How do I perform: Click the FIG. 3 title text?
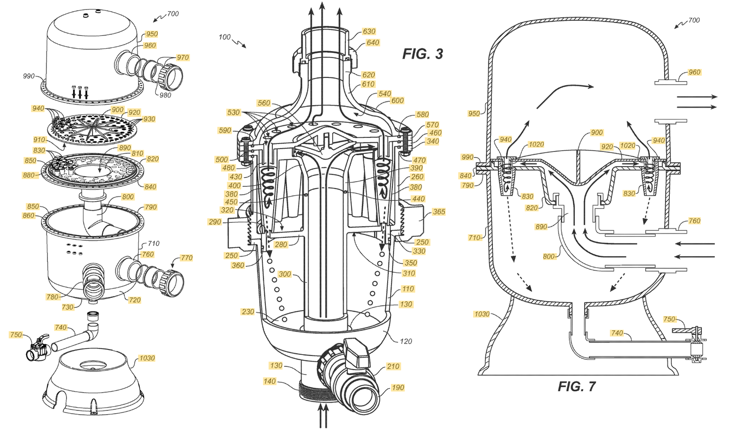(x=422, y=54)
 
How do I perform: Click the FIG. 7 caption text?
(x=576, y=386)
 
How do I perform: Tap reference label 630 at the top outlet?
(x=369, y=31)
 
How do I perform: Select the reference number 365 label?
(x=439, y=212)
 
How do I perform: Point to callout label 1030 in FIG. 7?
(x=482, y=314)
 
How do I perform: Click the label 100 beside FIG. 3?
(x=225, y=37)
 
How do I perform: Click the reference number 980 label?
(x=165, y=95)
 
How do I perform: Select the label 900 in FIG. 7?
(x=597, y=133)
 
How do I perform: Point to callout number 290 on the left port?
(x=215, y=222)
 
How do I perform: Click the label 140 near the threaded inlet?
(x=269, y=381)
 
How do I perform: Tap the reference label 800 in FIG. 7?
(x=549, y=257)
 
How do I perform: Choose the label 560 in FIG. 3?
(x=264, y=103)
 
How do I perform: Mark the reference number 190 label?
(x=398, y=387)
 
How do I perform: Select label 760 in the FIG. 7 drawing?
(x=694, y=221)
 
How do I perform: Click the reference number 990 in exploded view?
(x=29, y=76)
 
